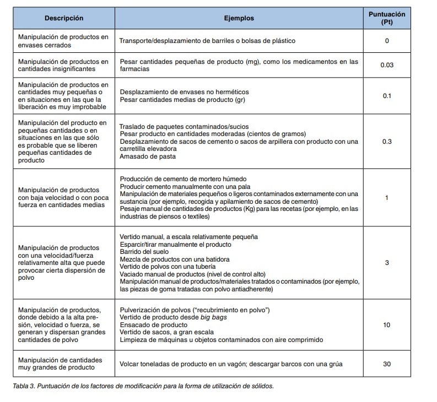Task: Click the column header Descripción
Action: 64,18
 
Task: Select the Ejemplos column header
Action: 239,18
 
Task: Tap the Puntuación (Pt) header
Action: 386,18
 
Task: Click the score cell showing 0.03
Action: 386,66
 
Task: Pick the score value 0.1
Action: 386,96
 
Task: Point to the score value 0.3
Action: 386,142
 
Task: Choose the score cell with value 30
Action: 386,364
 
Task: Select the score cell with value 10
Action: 386,325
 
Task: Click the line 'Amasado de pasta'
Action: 147,156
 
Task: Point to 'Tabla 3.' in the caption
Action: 24,386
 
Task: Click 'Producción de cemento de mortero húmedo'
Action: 182,179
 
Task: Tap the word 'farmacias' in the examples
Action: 134,70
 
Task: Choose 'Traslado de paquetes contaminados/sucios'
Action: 176,127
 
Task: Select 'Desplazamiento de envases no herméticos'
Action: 184,92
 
